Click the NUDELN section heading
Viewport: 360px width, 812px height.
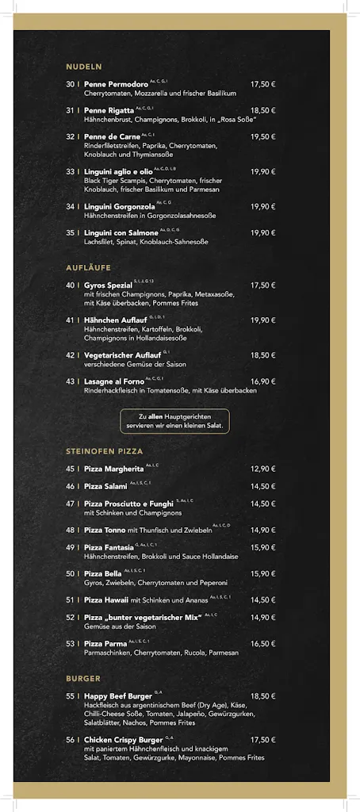tap(83, 67)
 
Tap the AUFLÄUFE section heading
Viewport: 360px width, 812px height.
tap(88, 268)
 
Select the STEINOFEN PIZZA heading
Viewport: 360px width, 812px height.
tap(104, 451)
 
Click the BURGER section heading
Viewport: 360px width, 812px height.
tap(83, 679)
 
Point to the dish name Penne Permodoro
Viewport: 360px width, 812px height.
tap(116, 84)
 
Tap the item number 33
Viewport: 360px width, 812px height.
tap(71, 171)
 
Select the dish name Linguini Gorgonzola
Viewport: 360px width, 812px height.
tap(120, 207)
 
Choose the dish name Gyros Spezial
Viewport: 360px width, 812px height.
tap(108, 285)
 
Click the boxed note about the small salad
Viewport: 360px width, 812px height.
tap(174, 421)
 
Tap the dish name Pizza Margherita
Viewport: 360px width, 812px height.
tap(114, 469)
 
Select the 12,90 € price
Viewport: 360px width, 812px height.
tap(262, 469)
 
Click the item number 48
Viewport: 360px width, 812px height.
tap(71, 530)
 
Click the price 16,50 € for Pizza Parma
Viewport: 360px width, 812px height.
tap(262, 644)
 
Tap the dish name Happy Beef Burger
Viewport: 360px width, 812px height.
tap(118, 696)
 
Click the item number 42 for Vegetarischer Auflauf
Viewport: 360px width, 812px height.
tap(71, 355)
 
